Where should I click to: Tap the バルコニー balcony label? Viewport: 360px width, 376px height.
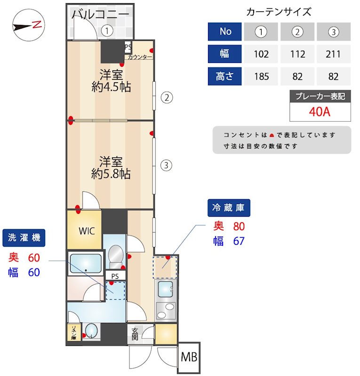coord(100,14)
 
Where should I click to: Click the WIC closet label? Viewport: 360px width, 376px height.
coord(87,231)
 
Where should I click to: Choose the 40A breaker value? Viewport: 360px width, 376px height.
coord(320,112)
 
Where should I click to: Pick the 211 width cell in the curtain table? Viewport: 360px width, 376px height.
coord(333,54)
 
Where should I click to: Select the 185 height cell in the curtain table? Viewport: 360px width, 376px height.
coord(261,76)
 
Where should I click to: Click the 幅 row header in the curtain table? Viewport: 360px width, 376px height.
coord(225,54)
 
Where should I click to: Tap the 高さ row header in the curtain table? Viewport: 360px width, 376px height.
coord(225,76)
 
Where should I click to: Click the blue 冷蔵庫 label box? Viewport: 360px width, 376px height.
coord(229,208)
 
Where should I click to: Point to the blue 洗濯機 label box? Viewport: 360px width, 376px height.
coord(24,238)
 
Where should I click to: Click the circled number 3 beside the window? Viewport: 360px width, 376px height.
coord(166,165)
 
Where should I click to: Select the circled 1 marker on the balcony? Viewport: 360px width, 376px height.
coord(108,31)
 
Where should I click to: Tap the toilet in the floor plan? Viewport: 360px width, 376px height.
coord(114,257)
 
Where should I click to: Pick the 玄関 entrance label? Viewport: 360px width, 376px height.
coord(135,334)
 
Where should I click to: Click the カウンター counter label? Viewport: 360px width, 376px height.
coord(140,57)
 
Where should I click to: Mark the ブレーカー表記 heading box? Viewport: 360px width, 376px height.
coord(320,96)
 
